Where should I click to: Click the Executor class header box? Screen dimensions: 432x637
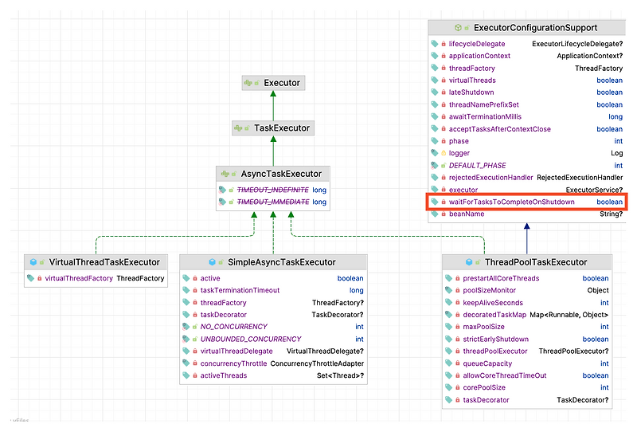point(272,83)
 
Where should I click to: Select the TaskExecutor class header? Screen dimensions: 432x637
point(272,128)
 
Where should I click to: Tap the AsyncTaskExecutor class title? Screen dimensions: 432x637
point(273,174)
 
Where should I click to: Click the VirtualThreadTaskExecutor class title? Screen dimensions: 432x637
point(104,261)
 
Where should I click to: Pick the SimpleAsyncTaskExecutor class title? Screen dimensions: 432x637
point(282,261)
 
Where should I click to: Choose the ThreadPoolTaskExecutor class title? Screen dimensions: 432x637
point(536,261)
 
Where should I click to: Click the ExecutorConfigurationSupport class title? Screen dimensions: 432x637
point(535,28)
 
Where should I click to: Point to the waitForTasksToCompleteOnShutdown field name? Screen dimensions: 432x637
point(511,202)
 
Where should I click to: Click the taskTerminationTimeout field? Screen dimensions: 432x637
point(240,290)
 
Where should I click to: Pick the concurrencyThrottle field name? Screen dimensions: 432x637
point(233,363)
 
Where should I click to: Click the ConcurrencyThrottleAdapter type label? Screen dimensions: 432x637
point(317,363)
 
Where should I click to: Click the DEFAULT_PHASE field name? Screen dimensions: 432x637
point(477,166)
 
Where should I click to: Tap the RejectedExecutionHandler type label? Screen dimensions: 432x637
point(580,178)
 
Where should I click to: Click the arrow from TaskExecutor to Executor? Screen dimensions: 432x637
point(272,105)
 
